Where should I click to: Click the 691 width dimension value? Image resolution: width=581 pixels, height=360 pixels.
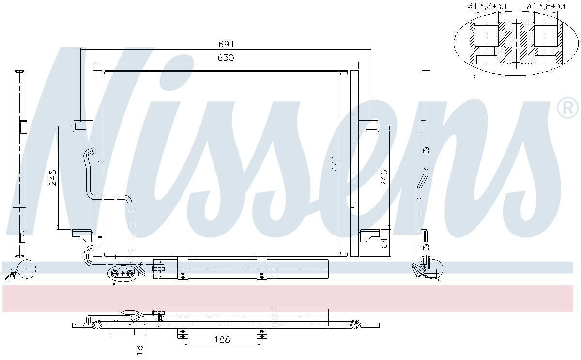(226, 44)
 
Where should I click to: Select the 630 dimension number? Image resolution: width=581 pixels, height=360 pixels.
(226, 58)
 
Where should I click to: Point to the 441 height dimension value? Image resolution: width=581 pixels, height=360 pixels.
(335, 163)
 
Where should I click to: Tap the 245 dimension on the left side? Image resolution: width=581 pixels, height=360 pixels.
(53, 178)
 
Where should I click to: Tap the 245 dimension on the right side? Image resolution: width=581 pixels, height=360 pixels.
(383, 178)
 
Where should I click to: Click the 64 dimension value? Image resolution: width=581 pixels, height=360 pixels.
(383, 243)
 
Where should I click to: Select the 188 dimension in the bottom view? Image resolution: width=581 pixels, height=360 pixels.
(222, 340)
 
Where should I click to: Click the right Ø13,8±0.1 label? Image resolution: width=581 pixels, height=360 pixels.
(546, 6)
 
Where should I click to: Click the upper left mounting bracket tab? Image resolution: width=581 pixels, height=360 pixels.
(82, 126)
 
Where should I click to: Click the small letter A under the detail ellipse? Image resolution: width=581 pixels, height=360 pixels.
(474, 77)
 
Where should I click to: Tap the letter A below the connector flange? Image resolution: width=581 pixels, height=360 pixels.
(114, 284)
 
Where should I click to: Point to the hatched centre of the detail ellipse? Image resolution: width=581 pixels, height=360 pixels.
(516, 44)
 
